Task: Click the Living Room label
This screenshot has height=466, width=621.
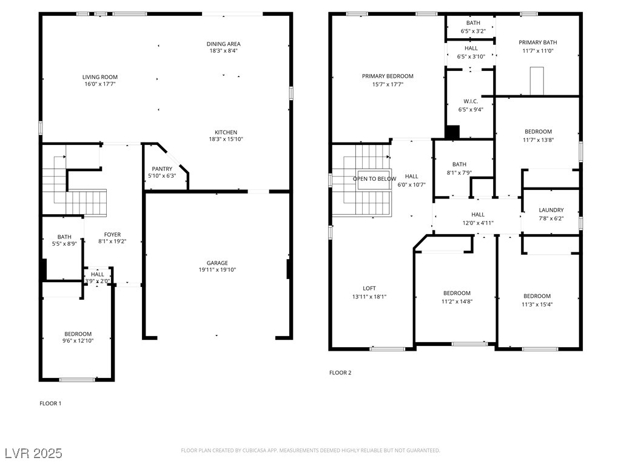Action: click(x=100, y=77)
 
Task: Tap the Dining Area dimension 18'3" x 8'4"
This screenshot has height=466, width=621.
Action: click(x=223, y=51)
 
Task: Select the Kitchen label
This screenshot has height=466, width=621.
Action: click(x=226, y=132)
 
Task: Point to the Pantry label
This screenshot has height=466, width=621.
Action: click(x=162, y=169)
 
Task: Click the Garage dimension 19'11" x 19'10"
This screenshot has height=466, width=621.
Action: click(x=218, y=270)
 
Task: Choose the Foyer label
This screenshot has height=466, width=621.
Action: click(x=112, y=235)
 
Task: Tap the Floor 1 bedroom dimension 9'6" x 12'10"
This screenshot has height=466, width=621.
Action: click(x=78, y=341)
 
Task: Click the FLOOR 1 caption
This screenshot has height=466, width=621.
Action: click(x=50, y=404)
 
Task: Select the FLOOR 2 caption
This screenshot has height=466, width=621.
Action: click(x=340, y=373)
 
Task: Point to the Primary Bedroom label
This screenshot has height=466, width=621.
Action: click(x=388, y=76)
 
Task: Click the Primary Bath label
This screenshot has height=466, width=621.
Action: click(x=538, y=42)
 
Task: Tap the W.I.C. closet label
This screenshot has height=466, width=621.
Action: click(x=471, y=101)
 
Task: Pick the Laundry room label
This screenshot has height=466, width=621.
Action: click(x=551, y=210)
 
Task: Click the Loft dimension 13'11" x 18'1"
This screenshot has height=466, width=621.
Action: click(x=369, y=297)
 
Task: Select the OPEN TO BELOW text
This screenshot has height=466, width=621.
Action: click(x=374, y=179)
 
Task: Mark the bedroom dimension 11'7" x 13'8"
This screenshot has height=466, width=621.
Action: click(x=539, y=140)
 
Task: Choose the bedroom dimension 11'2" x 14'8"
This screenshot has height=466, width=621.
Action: click(x=457, y=302)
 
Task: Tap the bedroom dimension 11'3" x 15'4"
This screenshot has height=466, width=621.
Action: click(x=537, y=305)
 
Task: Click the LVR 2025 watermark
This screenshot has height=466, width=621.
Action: click(x=33, y=453)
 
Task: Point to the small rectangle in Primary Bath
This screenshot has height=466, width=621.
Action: click(x=537, y=81)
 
